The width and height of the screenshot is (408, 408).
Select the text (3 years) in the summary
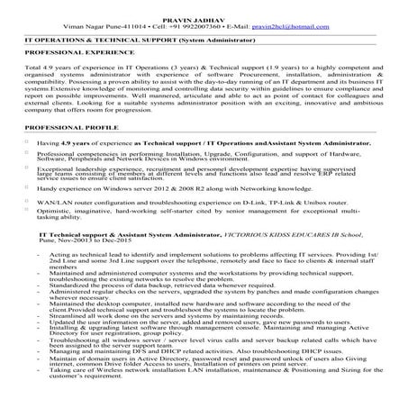tap(222, 68)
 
